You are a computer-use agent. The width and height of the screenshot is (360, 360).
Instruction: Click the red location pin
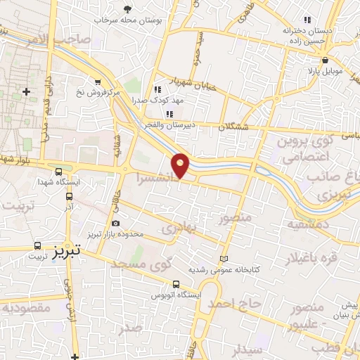tap(181, 165)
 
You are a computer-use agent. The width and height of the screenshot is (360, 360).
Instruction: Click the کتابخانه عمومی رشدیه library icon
tap(224, 258)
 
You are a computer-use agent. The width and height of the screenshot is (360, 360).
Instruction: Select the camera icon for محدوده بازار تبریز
tap(115, 224)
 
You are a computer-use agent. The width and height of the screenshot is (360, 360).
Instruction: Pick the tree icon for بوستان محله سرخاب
tap(127, 9)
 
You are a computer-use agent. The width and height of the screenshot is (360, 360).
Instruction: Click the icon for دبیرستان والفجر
tap(169, 114)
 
